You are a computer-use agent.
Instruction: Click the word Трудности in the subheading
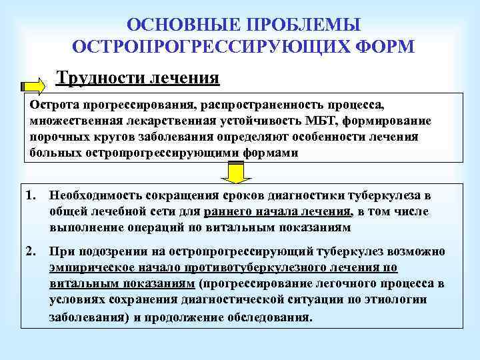click(97, 78)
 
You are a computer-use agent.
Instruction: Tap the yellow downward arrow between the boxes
click(235, 173)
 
